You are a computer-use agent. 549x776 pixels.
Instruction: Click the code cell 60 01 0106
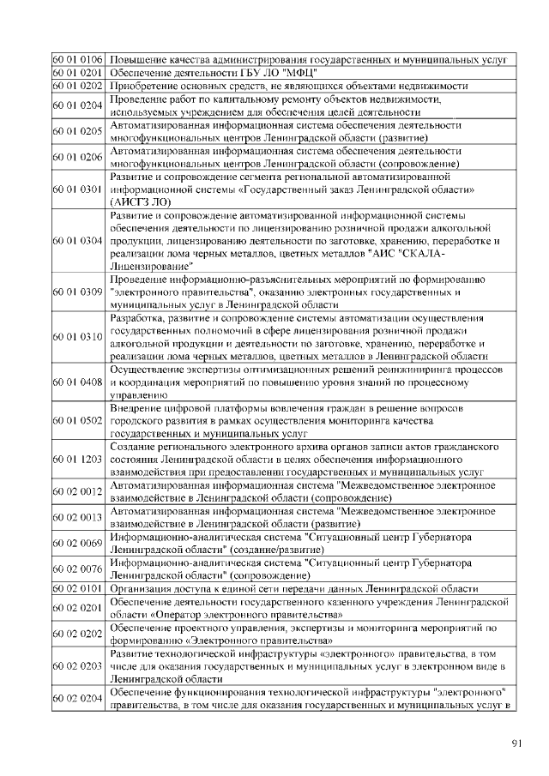[78, 60]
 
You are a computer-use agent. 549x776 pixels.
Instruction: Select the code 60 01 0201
[78, 73]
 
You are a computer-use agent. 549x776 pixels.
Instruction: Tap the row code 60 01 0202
[78, 86]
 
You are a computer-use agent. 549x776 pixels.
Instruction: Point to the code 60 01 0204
[78, 105]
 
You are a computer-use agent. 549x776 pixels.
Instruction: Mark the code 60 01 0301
[78, 189]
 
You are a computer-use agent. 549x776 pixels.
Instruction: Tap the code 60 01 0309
[78, 292]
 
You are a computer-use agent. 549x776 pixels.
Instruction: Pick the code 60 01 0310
[78, 337]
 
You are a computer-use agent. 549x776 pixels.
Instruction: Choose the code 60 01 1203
[78, 460]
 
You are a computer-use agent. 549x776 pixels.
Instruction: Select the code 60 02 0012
[78, 492]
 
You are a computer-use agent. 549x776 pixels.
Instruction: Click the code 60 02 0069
[78, 544]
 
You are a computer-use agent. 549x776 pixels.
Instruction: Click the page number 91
[516, 743]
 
